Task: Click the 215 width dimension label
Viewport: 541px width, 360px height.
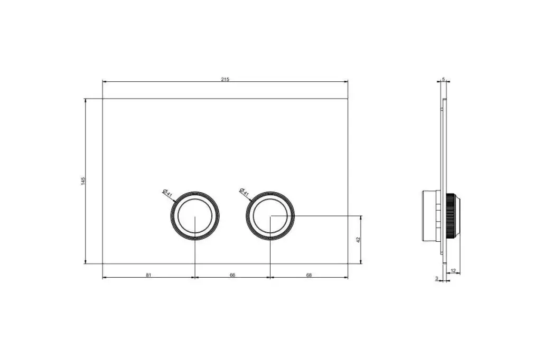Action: pyautogui.click(x=225, y=79)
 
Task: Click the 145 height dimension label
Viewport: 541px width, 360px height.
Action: pyautogui.click(x=83, y=181)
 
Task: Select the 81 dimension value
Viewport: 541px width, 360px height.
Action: pyautogui.click(x=148, y=275)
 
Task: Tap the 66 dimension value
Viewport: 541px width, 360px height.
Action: pyautogui.click(x=232, y=275)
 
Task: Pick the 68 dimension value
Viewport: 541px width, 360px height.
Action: pyautogui.click(x=309, y=275)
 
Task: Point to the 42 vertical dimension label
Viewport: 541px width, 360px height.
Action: pyautogui.click(x=358, y=240)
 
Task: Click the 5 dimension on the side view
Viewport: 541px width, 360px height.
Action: pyautogui.click(x=443, y=79)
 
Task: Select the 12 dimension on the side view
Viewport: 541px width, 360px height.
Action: pyautogui.click(x=453, y=271)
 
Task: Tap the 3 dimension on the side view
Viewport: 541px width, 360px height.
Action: pyautogui.click(x=436, y=278)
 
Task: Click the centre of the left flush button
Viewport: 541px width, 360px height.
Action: pyautogui.click(x=195, y=216)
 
